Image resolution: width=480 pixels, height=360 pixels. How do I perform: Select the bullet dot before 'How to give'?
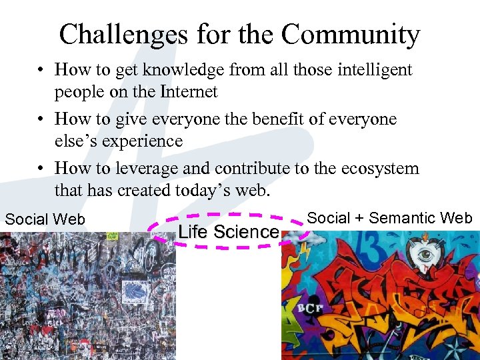(41, 119)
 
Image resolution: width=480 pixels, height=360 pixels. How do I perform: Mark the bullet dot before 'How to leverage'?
(41, 169)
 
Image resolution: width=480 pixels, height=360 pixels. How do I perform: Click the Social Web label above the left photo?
(45, 219)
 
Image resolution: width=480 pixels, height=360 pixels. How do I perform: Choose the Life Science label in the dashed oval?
(228, 232)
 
